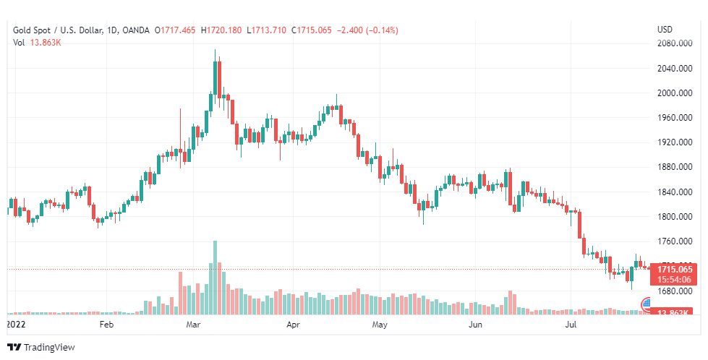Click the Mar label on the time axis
192,325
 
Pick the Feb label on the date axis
106,325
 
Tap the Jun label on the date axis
475,325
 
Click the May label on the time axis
380,325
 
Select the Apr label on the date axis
293,325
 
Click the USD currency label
665,30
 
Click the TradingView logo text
48,347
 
